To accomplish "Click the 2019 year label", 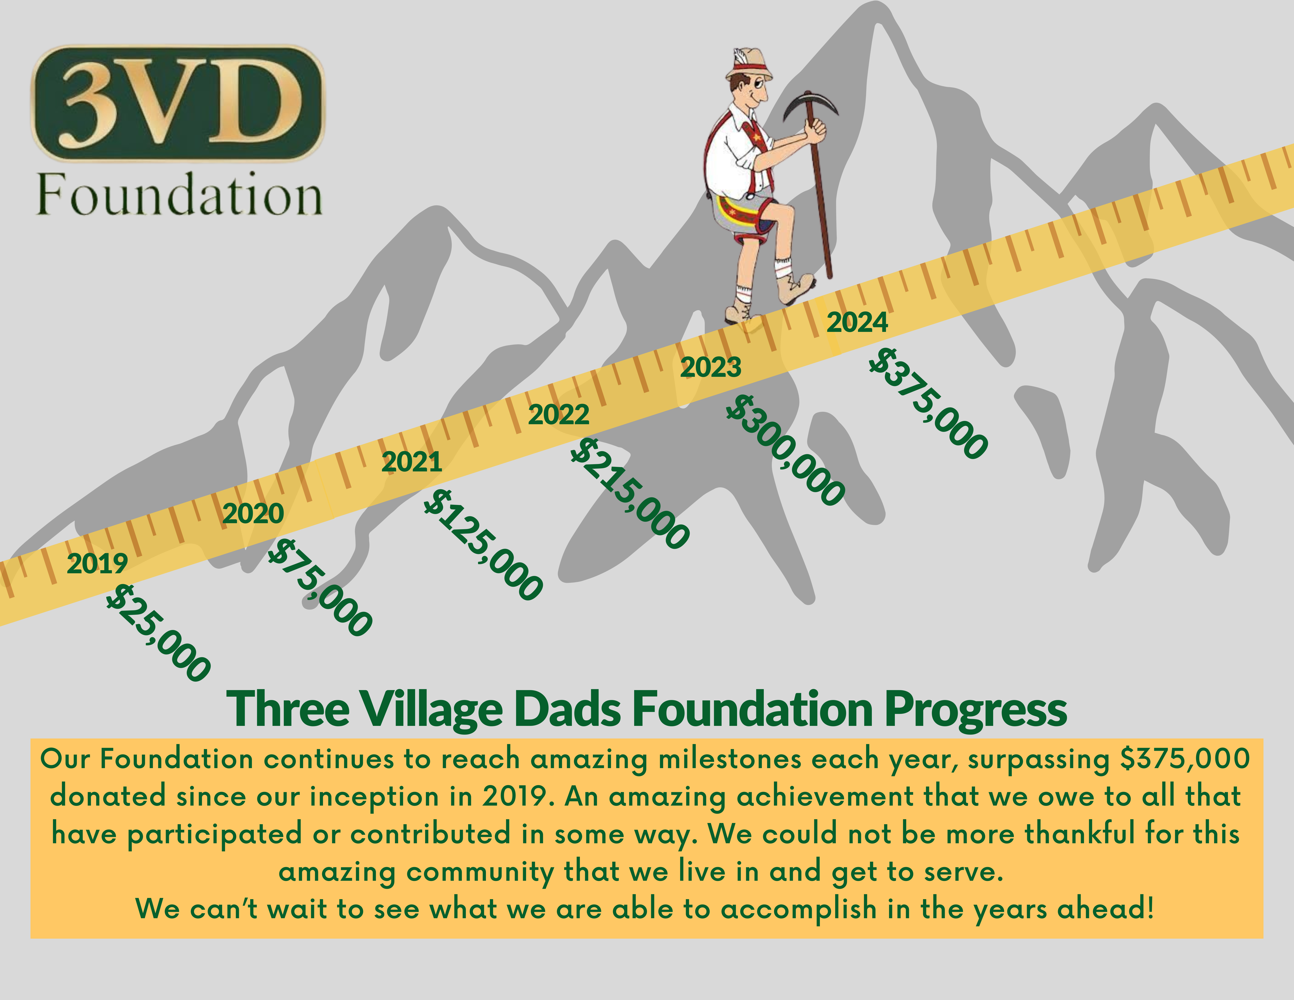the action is pyautogui.click(x=97, y=563).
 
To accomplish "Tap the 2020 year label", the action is pyautogui.click(x=253, y=514).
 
